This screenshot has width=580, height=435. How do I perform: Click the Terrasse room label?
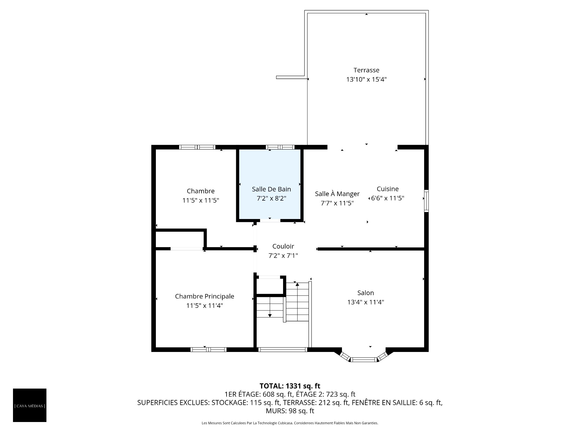pos(366,70)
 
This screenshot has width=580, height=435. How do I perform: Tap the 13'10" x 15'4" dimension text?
pos(366,79)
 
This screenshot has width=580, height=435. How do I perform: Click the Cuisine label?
pos(388,189)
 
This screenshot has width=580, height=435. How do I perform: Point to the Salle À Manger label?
pos(337,194)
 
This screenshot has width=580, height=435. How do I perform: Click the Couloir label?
pos(283,246)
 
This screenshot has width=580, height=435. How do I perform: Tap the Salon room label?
pos(366,293)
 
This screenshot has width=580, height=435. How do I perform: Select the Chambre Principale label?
pos(205,296)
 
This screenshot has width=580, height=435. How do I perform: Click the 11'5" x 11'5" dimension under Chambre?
pos(201,200)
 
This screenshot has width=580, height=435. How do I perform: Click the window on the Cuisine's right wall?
pos(426,201)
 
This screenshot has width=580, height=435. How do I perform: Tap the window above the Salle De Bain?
pos(280,147)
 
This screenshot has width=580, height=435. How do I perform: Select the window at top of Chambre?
pos(197,147)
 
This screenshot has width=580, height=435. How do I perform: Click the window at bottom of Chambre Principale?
pos(208,350)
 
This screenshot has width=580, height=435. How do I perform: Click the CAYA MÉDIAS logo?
pos(30,405)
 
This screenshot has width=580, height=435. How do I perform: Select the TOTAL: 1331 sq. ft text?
pos(290,386)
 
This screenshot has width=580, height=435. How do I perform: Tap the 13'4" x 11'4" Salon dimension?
pos(366,302)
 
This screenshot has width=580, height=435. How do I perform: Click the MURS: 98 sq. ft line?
pos(290,411)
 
